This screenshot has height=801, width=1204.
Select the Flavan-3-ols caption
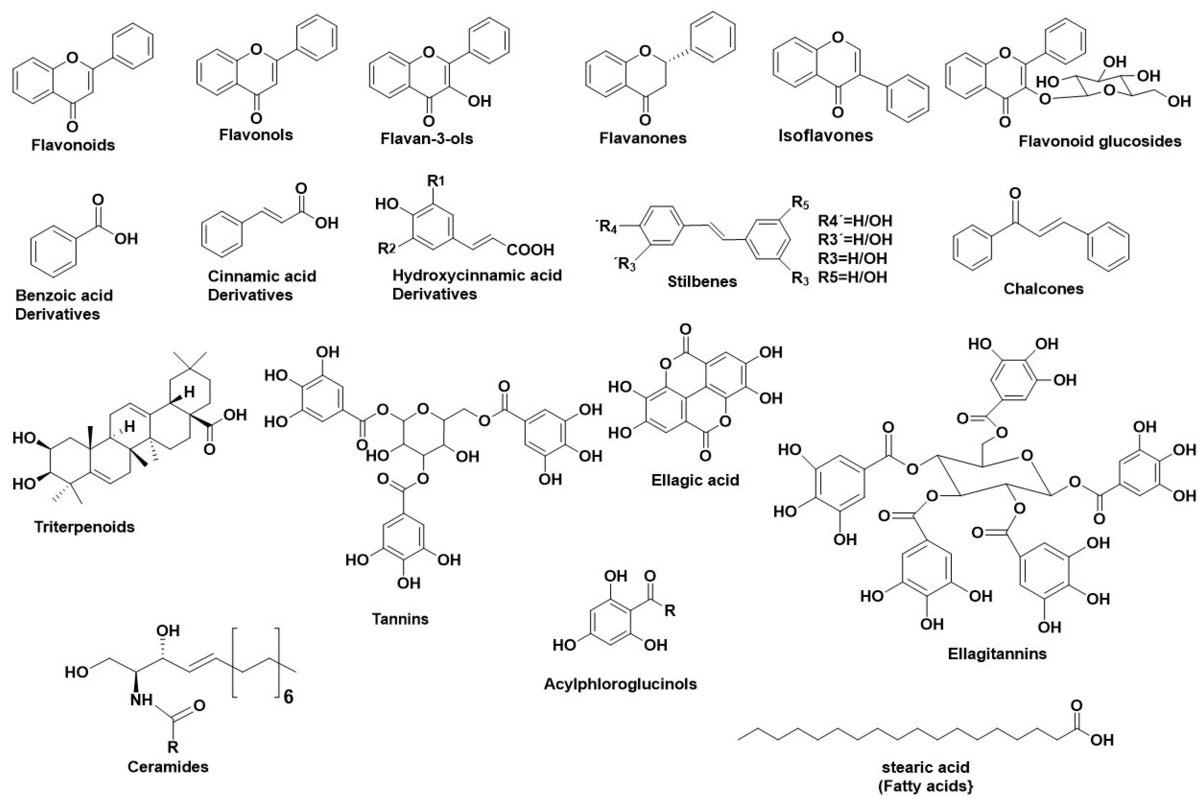426,139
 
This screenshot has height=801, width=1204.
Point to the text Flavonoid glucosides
1100,141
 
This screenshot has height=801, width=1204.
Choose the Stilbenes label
702,282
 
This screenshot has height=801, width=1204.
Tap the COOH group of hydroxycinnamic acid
530,250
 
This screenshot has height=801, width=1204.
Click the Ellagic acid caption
695,480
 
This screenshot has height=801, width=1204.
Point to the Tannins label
400,619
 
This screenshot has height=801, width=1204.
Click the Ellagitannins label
997,653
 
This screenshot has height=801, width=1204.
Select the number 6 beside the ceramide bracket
288,697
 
